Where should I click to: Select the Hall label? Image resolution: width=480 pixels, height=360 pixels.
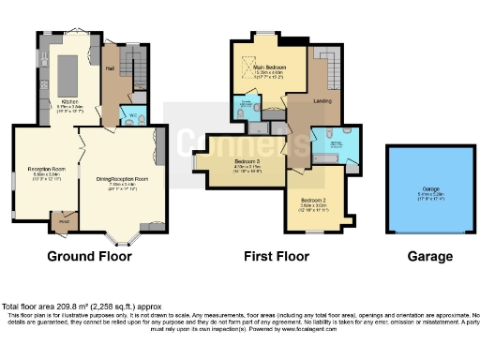[110, 68]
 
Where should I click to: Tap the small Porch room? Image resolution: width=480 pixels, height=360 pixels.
[64, 221]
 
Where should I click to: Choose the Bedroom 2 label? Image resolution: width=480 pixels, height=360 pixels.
[313, 200]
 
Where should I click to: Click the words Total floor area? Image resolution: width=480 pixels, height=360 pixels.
[33, 307]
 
